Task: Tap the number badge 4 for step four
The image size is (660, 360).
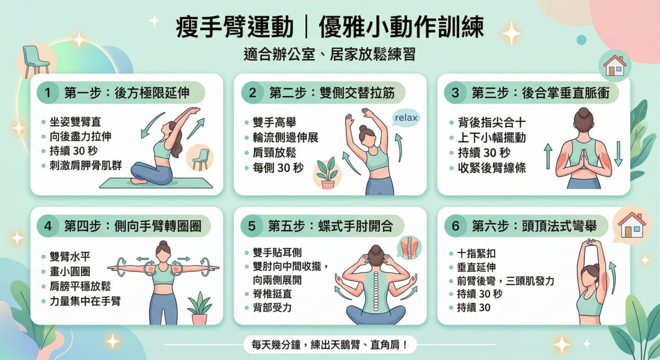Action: (x=48, y=226)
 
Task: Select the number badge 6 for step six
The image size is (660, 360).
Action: (x=455, y=226)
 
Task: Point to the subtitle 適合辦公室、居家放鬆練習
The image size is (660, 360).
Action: (x=329, y=55)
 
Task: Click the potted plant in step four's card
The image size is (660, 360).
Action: (x=199, y=309)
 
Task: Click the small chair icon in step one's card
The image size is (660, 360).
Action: (x=200, y=158)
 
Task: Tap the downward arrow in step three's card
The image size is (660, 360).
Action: (x=619, y=153)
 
